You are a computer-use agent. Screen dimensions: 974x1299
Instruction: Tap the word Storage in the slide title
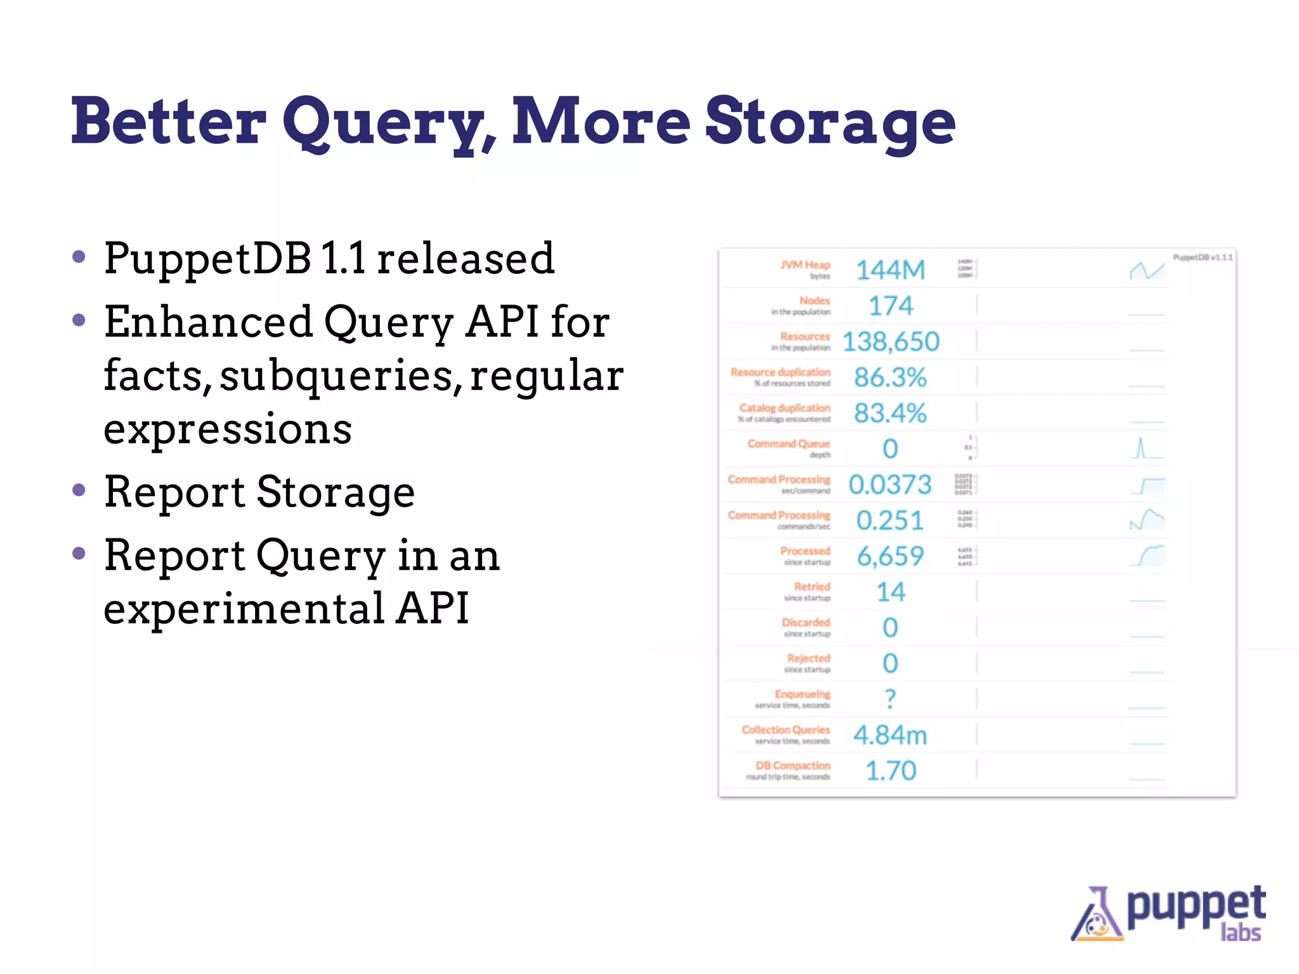point(830,122)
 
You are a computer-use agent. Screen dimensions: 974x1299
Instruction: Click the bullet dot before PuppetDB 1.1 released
point(79,257)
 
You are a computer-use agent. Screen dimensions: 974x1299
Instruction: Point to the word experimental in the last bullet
point(244,608)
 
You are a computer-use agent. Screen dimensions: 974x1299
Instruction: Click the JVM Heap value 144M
point(891,270)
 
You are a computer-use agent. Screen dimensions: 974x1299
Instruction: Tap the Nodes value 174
point(891,306)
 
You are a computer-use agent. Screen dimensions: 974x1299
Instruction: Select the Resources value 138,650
point(891,342)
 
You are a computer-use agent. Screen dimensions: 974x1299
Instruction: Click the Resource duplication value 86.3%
point(891,377)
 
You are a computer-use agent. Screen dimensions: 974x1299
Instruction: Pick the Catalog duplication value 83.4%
point(891,413)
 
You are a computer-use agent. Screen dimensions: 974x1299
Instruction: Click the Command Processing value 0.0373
point(891,485)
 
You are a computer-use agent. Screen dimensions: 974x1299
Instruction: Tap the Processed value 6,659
point(891,556)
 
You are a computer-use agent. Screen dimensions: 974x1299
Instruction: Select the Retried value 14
point(891,592)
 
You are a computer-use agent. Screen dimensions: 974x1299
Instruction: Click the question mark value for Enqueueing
point(891,699)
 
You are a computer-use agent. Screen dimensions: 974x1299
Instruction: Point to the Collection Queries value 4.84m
point(891,735)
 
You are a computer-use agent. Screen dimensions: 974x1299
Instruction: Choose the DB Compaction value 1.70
point(891,771)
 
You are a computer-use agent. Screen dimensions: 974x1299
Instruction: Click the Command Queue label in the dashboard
point(788,444)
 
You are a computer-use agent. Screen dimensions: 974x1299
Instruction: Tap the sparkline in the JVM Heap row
point(1147,271)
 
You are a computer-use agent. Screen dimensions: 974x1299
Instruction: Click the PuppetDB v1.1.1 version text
point(1202,257)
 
